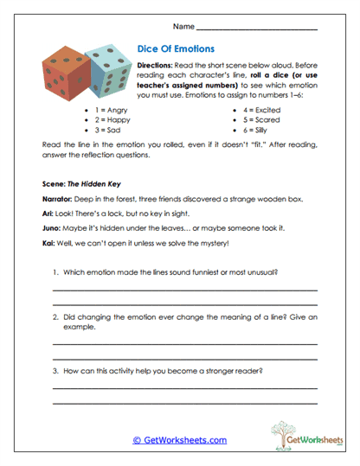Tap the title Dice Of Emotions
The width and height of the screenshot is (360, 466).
pyautogui.click(x=178, y=50)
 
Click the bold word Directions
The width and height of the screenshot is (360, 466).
pyautogui.click(x=156, y=66)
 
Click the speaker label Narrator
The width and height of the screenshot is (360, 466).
pyautogui.click(x=59, y=199)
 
